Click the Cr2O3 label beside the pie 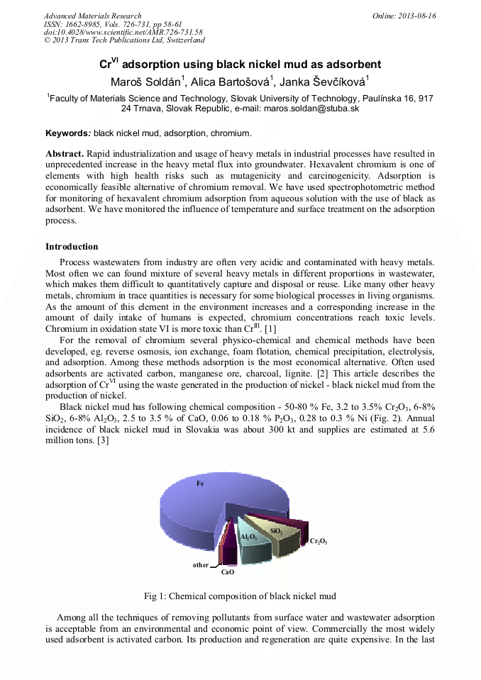click(319, 542)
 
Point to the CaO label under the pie click(227, 572)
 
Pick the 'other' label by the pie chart click(201, 565)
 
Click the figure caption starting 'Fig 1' click(240, 596)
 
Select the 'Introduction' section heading click(72, 247)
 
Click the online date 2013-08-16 click(416, 16)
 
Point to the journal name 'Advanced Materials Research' click(92, 16)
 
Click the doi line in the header click(123, 32)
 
